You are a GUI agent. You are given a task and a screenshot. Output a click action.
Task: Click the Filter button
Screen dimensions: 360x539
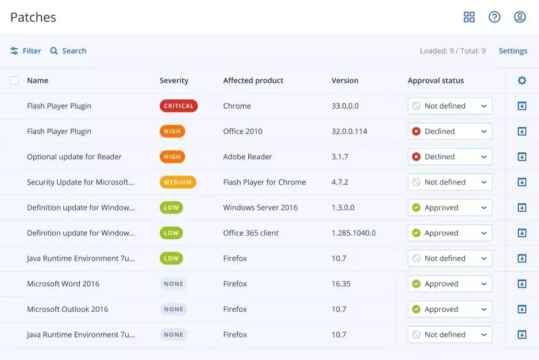tap(26, 51)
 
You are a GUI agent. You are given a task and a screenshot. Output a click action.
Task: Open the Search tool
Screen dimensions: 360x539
tap(68, 51)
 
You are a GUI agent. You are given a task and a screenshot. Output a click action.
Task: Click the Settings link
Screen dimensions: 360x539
tap(513, 51)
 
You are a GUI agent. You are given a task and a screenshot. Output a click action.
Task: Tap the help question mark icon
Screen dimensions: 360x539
tap(494, 17)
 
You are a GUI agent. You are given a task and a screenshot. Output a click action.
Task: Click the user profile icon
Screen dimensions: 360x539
tap(519, 17)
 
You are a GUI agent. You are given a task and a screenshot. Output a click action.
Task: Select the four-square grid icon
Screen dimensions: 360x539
tap(469, 17)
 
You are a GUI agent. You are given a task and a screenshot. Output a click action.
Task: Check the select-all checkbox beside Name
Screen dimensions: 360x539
tap(14, 81)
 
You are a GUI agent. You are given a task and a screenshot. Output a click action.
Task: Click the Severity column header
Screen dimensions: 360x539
tap(174, 81)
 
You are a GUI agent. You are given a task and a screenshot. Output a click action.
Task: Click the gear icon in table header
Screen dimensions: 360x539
tap(522, 81)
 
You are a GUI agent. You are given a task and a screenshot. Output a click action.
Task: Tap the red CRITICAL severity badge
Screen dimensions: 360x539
tap(179, 106)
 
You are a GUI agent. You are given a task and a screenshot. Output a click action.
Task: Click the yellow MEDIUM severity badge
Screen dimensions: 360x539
tap(178, 182)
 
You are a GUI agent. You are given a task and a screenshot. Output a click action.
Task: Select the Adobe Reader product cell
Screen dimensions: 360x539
tap(247, 156)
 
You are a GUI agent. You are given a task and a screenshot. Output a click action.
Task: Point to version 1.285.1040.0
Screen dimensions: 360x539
tap(353, 233)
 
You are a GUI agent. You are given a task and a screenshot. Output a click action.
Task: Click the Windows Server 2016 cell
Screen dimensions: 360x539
tap(260, 208)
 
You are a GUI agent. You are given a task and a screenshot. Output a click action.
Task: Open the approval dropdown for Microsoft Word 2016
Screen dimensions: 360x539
tap(450, 284)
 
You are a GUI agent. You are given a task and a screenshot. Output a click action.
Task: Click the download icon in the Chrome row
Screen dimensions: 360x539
tap(522, 106)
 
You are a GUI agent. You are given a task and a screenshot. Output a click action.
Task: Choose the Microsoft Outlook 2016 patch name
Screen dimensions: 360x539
tap(67, 309)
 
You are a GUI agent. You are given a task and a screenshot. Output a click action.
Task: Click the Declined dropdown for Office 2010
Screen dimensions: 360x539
tap(450, 131)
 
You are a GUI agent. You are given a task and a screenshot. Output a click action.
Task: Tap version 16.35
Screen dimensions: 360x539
tap(341, 284)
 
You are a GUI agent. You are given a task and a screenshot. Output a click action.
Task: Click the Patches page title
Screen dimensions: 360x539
tap(33, 17)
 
